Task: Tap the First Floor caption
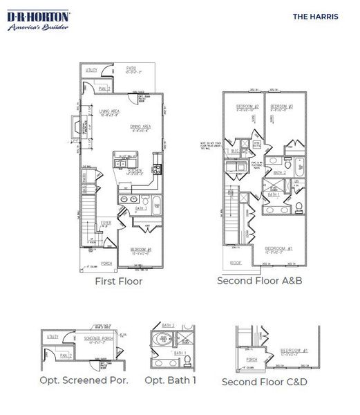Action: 119,282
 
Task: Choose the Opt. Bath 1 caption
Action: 171,380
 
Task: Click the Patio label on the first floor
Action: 131,68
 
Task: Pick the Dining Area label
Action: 140,127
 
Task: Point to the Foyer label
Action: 106,223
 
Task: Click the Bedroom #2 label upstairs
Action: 246,107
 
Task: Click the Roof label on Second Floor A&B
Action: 236,263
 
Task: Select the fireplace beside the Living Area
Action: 77,129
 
